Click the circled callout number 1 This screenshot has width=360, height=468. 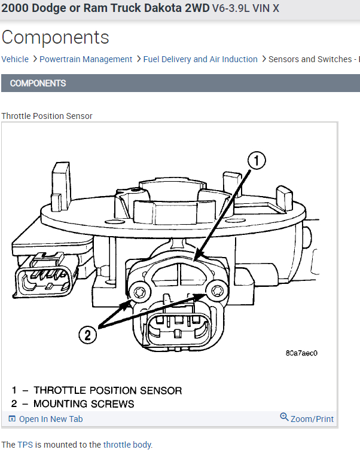click(257, 161)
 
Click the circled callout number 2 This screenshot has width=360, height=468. click(88, 335)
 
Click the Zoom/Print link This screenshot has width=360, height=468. click(307, 418)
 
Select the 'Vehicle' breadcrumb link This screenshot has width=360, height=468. click(15, 59)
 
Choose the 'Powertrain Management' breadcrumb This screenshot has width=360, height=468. click(86, 59)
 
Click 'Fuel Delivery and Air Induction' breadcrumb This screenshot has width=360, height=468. click(200, 59)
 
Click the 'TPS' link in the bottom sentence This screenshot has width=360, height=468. click(25, 445)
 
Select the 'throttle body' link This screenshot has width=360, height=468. click(127, 445)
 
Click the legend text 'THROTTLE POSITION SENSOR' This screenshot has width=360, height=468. click(108, 390)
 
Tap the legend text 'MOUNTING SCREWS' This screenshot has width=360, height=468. click(84, 404)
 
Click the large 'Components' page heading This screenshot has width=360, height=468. click(55, 38)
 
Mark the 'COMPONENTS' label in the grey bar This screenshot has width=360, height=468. click(38, 83)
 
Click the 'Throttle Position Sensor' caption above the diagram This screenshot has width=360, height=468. click(47, 116)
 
